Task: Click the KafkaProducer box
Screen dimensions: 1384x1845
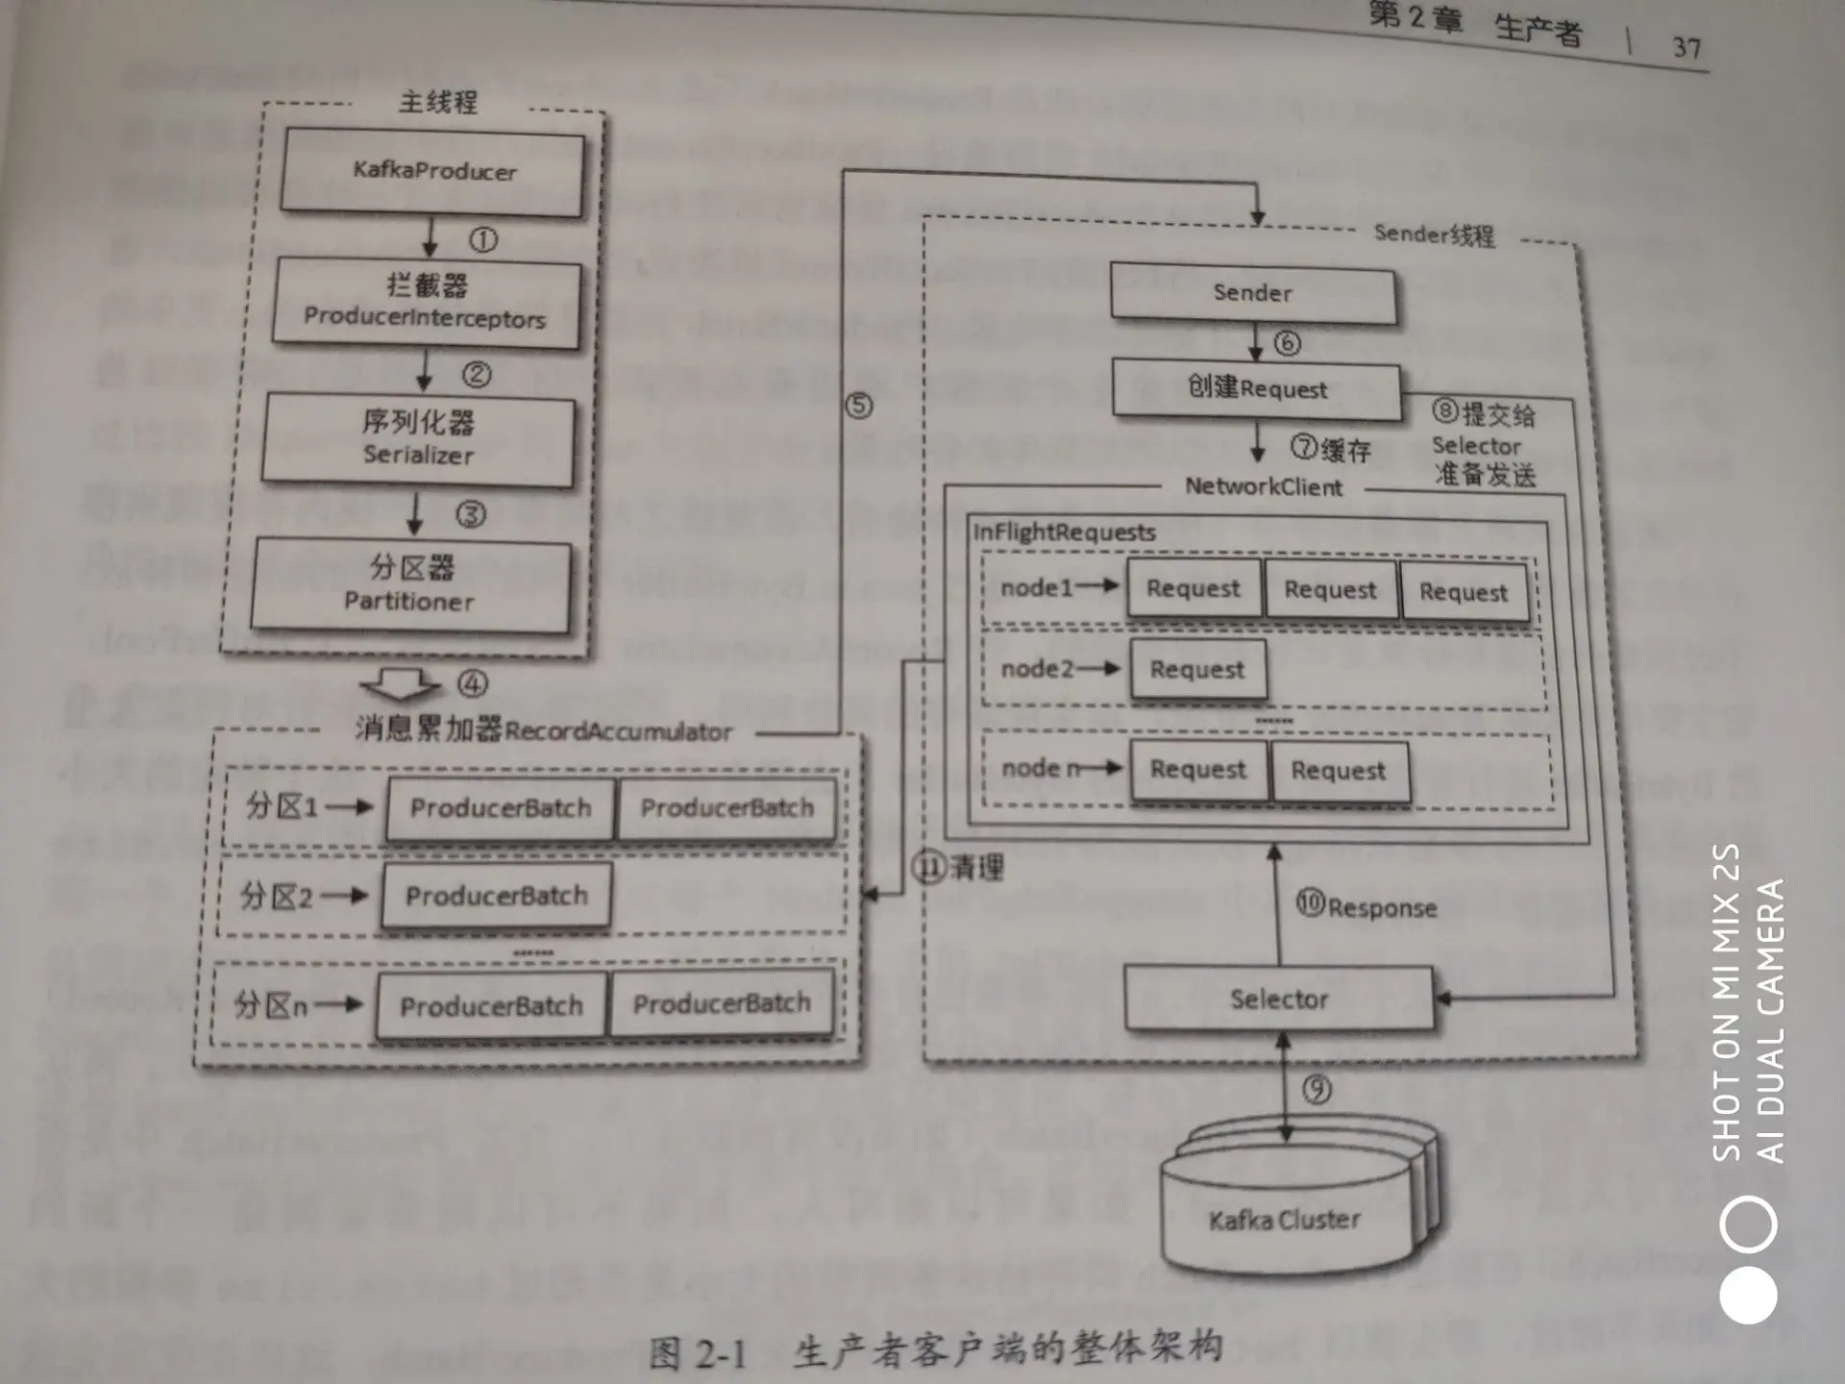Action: (432, 172)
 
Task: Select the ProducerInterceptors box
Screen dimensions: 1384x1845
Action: (426, 303)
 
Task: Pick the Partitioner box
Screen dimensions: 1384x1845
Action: (410, 585)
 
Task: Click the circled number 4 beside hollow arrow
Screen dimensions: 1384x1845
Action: (472, 683)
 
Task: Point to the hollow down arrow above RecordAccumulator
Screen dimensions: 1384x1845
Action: (399, 685)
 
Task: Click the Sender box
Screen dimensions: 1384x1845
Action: (1252, 293)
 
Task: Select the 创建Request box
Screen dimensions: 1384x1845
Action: (1256, 388)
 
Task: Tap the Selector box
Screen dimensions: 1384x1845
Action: (1278, 1000)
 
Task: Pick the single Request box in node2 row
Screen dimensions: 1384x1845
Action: (1197, 669)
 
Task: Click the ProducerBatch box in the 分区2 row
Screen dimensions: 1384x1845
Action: (496, 896)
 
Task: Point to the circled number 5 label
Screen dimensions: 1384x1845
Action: (859, 406)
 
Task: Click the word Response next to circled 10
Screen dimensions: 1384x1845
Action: (1382, 908)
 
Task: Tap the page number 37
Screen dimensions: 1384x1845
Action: (1686, 47)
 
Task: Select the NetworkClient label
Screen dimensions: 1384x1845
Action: (1263, 487)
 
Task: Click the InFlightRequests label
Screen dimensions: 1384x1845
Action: (1064, 532)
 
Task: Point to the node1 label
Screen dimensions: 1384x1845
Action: (1036, 587)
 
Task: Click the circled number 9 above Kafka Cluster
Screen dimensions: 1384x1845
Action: (1316, 1089)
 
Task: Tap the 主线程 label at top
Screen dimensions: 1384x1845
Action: (438, 102)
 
